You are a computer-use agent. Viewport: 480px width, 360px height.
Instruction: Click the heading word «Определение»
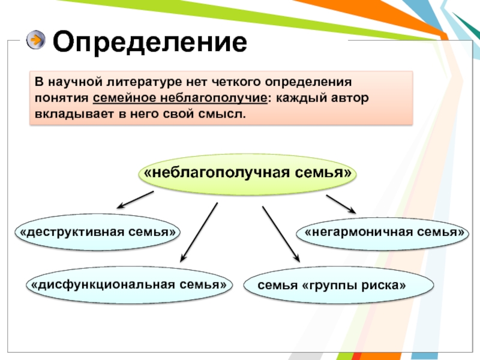pos(150,43)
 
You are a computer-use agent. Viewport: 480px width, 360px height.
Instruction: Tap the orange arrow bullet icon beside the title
pos(36,40)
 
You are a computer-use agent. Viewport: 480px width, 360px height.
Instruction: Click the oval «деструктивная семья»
pos(97,232)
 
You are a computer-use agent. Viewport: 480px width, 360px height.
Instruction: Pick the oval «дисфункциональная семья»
pos(128,283)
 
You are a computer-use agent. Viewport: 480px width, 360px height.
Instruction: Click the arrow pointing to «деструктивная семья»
pos(135,200)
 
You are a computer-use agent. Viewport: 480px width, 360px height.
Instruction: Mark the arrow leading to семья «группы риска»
pos(280,233)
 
